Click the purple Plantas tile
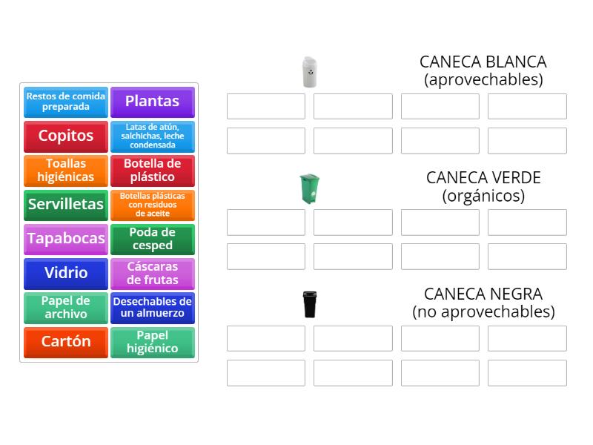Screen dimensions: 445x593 point(152,102)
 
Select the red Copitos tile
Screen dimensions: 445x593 point(66,136)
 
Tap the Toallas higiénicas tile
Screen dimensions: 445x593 point(66,171)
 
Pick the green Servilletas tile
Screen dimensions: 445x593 point(66,205)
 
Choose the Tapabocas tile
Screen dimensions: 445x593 point(66,239)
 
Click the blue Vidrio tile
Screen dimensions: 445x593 point(66,273)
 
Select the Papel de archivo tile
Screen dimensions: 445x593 point(66,307)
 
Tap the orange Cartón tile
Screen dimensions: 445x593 point(66,342)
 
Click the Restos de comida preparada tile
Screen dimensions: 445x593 point(66,102)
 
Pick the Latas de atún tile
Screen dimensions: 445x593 point(152,136)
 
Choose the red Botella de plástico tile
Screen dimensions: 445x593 point(152,171)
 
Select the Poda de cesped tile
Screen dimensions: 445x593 point(152,239)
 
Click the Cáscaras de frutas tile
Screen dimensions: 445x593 point(152,273)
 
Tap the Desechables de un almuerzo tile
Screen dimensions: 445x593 point(152,307)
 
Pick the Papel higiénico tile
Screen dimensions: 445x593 point(152,342)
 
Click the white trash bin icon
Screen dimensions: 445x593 point(309,72)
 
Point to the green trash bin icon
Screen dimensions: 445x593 point(308,188)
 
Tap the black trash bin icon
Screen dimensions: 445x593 point(309,304)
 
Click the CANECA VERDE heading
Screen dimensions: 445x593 point(483,178)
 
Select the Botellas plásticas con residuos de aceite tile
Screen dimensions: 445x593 point(152,205)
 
